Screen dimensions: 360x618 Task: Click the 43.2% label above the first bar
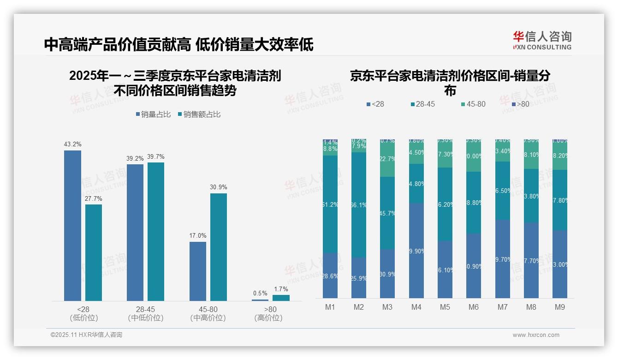pos(72,144)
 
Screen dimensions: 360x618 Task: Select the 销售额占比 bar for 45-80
pos(219,247)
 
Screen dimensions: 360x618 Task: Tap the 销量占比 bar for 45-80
pos(198,271)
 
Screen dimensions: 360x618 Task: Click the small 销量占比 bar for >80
pos(260,300)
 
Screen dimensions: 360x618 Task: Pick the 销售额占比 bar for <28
pos(94,252)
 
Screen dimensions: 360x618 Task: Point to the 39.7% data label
pos(156,157)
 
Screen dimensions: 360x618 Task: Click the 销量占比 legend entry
pos(155,114)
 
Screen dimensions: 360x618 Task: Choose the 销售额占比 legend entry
pos(199,114)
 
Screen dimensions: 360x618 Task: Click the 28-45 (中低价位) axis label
pos(146,313)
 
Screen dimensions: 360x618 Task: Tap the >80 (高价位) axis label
pos(268,313)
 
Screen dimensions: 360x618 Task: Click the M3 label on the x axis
pos(387,307)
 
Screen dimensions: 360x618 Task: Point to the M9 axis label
pos(560,307)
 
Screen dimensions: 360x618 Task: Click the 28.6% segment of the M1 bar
pos(330,276)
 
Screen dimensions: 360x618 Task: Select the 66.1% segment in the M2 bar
pos(359,204)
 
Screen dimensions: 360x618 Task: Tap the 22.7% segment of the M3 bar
pos(387,158)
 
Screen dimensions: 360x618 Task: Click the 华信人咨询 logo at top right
pos(542,40)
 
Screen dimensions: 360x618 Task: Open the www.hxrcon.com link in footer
pos(536,335)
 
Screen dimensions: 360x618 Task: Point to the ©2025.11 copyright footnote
pos(86,335)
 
